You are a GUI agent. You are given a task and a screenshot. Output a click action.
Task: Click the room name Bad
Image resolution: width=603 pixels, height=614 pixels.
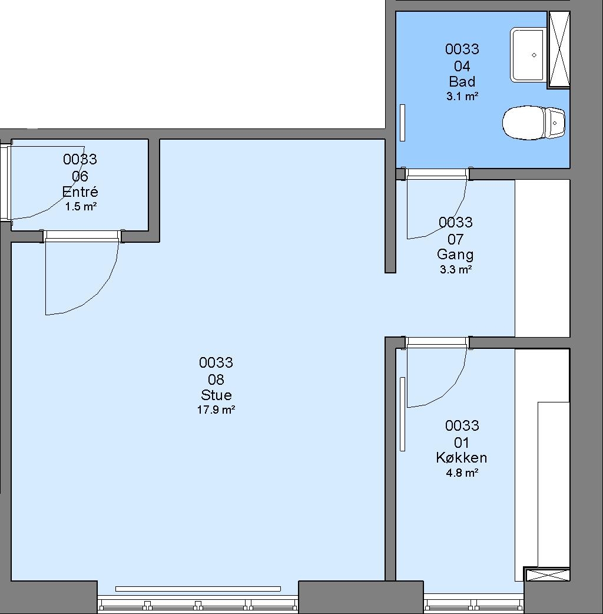point(462,81)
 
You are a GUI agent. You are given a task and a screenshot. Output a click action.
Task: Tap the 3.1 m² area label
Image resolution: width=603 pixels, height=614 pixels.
point(462,96)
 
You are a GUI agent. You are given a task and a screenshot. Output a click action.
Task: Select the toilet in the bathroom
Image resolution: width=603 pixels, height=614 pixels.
point(534,123)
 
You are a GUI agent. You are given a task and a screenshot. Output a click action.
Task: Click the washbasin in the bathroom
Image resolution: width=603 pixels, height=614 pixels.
point(528,55)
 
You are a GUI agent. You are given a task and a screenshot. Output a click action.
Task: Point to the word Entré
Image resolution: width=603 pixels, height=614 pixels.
point(80,192)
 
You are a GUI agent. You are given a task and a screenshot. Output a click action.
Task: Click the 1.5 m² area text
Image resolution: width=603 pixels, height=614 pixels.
point(81,206)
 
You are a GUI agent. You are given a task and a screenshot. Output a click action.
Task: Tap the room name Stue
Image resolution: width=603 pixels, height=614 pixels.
point(216,395)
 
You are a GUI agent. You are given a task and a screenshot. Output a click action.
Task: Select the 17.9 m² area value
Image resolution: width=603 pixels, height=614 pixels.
point(216,410)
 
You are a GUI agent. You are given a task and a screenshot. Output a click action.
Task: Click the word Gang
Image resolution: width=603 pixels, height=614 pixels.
point(455,255)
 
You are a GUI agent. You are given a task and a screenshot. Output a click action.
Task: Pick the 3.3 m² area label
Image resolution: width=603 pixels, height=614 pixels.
point(455,269)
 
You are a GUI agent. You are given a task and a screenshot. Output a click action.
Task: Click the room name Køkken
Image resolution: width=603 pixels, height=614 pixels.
point(461,457)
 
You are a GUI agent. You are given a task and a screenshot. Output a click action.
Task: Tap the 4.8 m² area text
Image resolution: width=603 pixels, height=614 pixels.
point(462,473)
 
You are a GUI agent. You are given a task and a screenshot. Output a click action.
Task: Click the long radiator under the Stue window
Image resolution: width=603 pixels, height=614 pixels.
point(198,589)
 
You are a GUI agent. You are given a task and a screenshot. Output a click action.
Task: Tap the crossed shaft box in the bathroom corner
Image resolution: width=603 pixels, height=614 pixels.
point(559,49)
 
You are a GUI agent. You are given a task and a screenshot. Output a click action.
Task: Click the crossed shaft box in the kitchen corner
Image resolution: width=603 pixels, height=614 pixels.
point(547,575)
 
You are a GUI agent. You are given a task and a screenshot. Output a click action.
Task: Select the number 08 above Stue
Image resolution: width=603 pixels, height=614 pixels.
point(216,379)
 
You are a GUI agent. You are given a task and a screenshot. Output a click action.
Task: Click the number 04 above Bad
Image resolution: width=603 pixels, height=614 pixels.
point(462,66)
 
